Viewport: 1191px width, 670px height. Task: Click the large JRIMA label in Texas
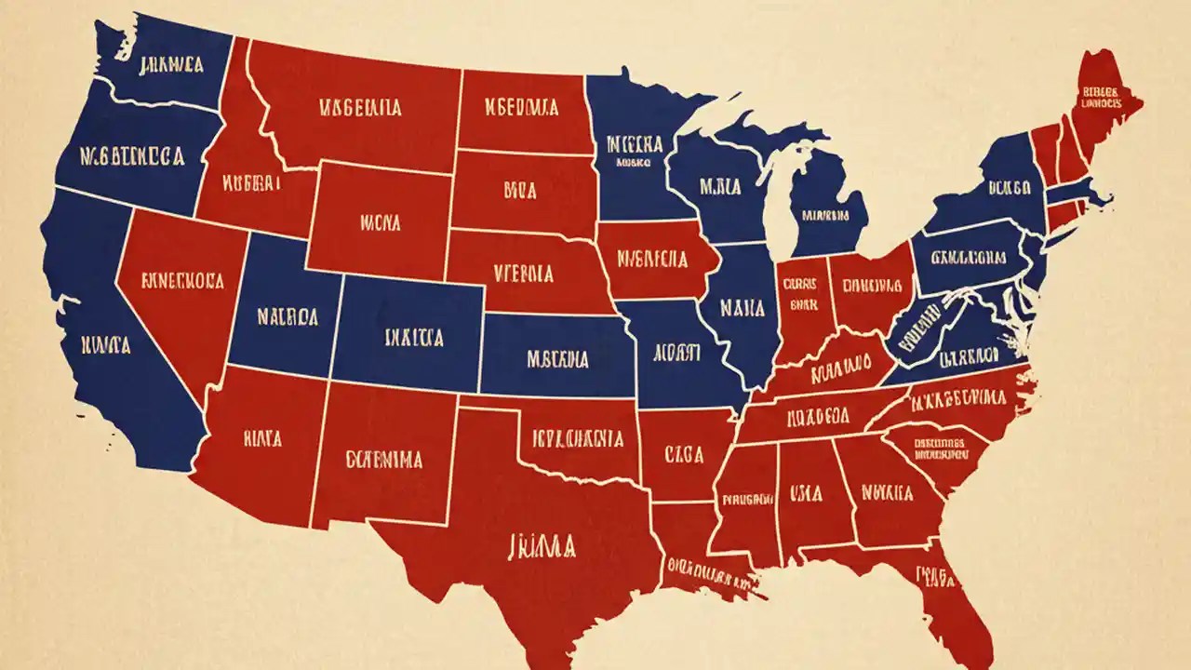pyautogui.click(x=542, y=545)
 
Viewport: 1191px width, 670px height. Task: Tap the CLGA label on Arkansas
pyautogui.click(x=684, y=453)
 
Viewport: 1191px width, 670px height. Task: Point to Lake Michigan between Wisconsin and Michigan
pyautogui.click(x=777, y=200)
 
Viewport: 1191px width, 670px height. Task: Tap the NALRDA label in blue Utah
pyautogui.click(x=287, y=317)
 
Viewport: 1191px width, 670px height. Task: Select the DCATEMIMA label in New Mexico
pyautogui.click(x=383, y=459)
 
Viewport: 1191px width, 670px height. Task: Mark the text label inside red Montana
pyautogui.click(x=360, y=108)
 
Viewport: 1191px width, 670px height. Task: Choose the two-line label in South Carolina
pyautogui.click(x=938, y=449)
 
